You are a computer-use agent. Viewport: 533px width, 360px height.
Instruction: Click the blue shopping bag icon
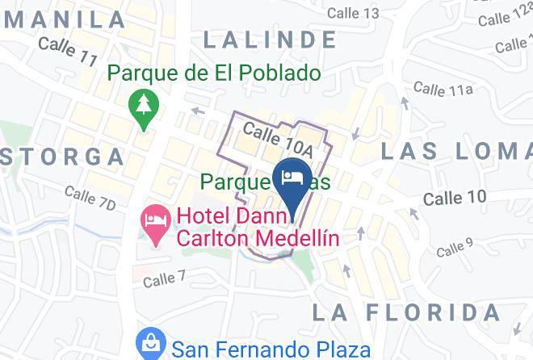151,346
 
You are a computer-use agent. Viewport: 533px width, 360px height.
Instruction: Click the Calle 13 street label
353,12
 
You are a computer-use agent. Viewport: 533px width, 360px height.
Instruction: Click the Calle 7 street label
165,280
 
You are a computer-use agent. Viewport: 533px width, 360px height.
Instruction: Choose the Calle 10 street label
455,198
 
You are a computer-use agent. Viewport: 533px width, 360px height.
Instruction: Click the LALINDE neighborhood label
270,39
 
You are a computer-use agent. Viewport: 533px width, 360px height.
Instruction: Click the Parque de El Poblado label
214,74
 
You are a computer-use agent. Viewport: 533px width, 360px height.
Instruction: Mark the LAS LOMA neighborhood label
456,150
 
